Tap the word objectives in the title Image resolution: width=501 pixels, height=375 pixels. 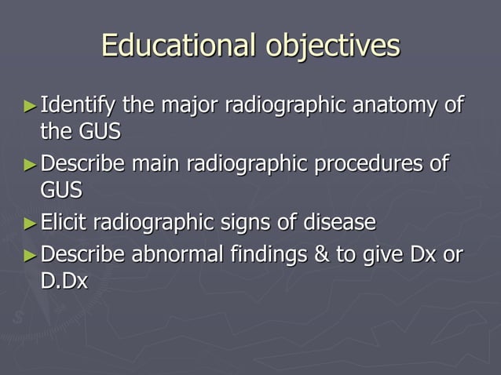[x=331, y=47]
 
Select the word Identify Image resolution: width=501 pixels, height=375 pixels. [x=78, y=105]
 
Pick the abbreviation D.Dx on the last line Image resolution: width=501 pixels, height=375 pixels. [x=64, y=282]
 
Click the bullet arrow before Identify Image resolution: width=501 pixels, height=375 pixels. [x=30, y=104]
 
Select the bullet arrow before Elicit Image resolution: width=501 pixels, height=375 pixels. [x=30, y=224]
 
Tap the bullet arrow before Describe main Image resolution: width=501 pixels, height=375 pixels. [x=30, y=165]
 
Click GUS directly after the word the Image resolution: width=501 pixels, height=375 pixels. [x=100, y=132]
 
